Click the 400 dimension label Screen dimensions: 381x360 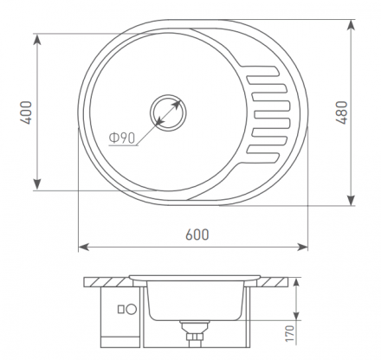(26, 112)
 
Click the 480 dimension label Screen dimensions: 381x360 (342, 112)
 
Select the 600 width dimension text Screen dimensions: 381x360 (197, 235)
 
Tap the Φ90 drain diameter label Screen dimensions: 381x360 (122, 138)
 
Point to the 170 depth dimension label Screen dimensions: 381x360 (290, 334)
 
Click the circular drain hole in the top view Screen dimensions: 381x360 (168, 112)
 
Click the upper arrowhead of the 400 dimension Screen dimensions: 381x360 (37, 40)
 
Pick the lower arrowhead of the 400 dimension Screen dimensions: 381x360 (37, 184)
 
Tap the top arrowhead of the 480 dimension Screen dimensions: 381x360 (351, 25)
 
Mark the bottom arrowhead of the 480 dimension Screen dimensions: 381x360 (351, 200)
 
